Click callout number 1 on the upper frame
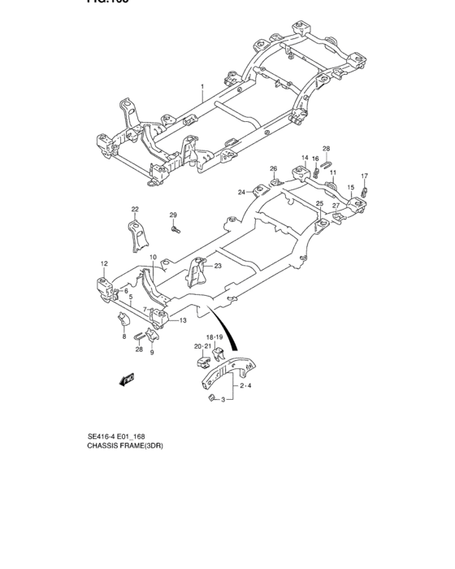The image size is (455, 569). (203, 86)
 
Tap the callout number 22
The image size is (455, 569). (136, 209)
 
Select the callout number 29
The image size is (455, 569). (173, 215)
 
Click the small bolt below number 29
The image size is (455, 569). (175, 230)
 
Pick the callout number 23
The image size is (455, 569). (218, 266)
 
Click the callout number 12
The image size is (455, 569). (104, 263)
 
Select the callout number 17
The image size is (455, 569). (365, 176)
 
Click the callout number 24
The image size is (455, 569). (241, 193)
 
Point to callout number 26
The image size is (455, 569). (274, 168)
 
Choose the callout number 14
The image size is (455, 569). (305, 158)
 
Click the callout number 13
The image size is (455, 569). (183, 320)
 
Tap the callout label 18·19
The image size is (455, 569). (214, 337)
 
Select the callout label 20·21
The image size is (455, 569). (202, 346)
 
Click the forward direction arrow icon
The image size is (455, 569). (126, 378)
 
